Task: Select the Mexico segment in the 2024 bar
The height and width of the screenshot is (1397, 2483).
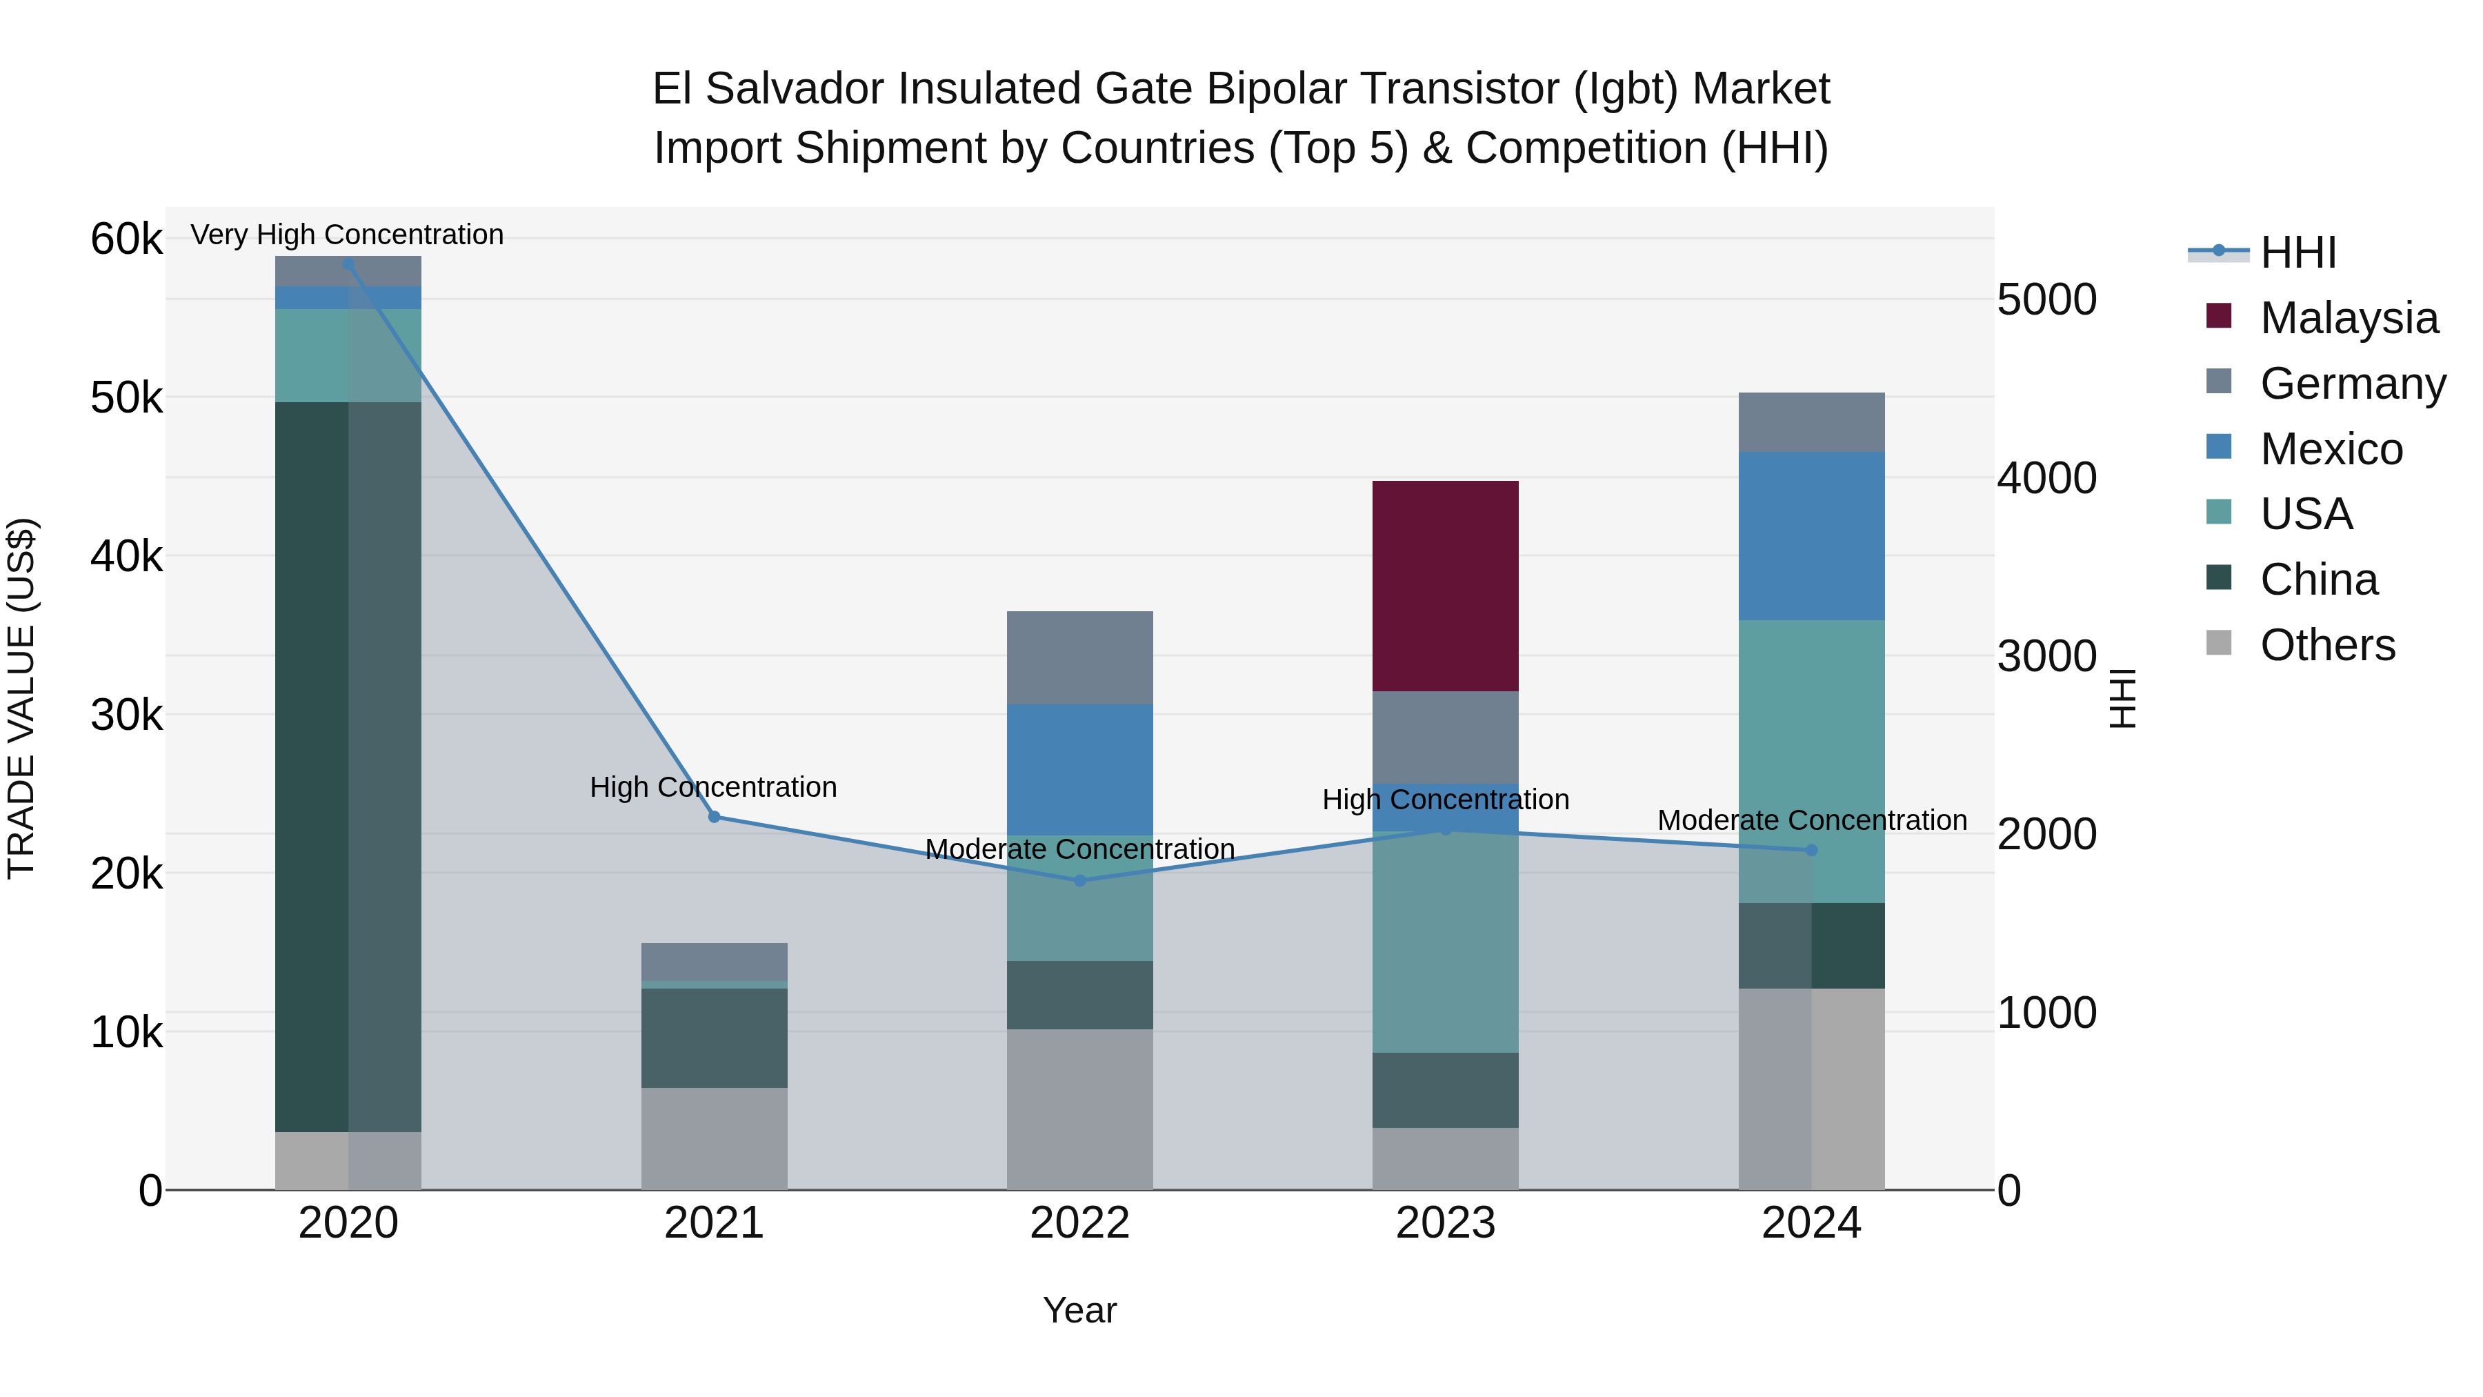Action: [1811, 535]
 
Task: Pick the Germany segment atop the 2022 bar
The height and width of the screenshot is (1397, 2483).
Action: [1079, 657]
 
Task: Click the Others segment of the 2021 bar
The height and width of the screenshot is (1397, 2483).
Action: [715, 1138]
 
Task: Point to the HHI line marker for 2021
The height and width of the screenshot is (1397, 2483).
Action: [715, 817]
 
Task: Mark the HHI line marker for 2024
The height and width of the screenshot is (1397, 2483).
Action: [1811, 849]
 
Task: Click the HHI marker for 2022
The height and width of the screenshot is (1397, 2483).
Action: [1079, 880]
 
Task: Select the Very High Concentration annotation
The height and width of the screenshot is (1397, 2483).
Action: [347, 235]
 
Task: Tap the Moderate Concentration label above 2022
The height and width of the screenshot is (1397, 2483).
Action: [1079, 849]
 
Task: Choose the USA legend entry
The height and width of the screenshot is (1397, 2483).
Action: [2306, 514]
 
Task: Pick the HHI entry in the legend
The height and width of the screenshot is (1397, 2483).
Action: [2298, 252]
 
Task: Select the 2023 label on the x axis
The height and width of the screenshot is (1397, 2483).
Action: [1445, 1222]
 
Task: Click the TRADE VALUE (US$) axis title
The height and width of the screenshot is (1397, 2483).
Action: [21, 698]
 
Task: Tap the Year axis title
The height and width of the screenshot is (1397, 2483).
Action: [1079, 1310]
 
